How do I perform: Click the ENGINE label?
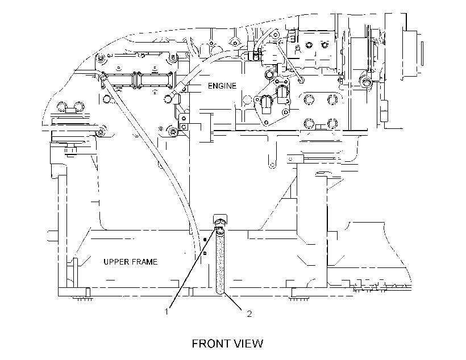click(222, 86)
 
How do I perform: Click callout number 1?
click(167, 312)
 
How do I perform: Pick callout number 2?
click(249, 313)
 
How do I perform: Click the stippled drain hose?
click(220, 263)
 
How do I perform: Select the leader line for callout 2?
click(234, 301)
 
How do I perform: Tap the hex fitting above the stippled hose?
click(220, 223)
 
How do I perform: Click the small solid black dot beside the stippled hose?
click(205, 239)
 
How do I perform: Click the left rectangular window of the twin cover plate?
click(121, 80)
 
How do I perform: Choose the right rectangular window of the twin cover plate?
click(155, 80)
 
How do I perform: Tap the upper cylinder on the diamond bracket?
click(281, 94)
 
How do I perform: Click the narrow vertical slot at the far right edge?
click(422, 54)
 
